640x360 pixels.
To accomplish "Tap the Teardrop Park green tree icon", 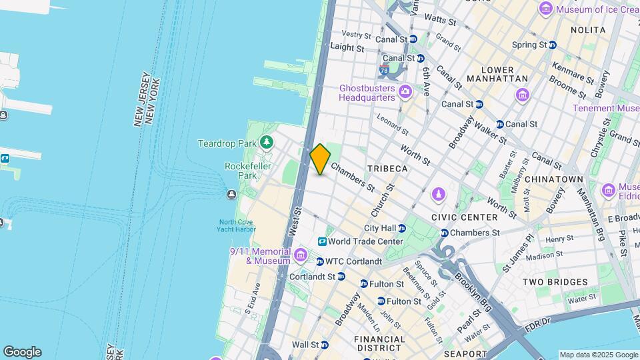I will [x=267, y=143].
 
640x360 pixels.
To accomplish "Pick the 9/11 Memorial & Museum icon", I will [x=301, y=255].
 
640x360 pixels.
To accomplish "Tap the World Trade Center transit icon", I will [x=322, y=241].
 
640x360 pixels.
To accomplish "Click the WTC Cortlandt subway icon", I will [x=320, y=261].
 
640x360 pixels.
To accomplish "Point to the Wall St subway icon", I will [x=324, y=345].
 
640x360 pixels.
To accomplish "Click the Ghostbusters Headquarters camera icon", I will [x=404, y=92].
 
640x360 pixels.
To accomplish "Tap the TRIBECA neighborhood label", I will [x=387, y=169].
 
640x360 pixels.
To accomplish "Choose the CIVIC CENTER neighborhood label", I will [x=464, y=217].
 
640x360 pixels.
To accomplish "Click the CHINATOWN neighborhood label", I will [x=554, y=179].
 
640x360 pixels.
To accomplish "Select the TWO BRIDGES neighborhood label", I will [x=555, y=282].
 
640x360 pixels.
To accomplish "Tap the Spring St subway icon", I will [x=552, y=45].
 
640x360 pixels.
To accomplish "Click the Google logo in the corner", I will [x=22, y=352].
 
